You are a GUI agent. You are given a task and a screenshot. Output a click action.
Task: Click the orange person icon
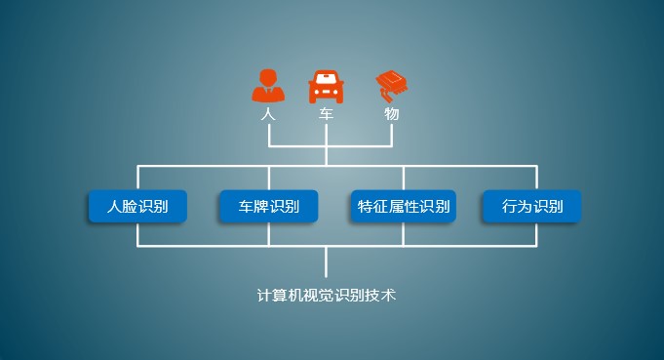tap(268, 86)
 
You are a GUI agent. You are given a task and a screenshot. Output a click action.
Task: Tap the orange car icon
tap(328, 87)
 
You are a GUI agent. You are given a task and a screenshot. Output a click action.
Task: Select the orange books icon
tap(390, 85)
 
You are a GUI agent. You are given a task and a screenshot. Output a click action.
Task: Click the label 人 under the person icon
tap(268, 114)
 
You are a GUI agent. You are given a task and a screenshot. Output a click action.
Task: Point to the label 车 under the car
tap(328, 114)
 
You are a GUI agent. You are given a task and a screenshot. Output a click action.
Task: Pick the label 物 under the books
tap(391, 114)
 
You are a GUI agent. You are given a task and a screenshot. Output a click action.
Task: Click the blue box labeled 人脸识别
tap(137, 206)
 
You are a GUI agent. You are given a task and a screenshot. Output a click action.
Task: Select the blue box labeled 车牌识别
tap(269, 206)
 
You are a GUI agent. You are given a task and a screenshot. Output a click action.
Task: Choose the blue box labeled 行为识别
tap(532, 206)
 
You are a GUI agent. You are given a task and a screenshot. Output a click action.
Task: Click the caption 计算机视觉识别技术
tap(327, 294)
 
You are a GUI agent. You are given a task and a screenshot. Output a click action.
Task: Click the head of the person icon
tap(268, 76)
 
